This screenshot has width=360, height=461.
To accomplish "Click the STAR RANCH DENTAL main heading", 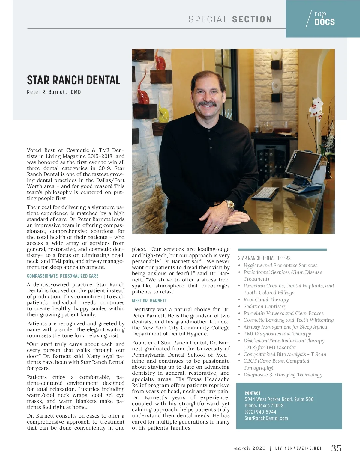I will [x=73, y=80].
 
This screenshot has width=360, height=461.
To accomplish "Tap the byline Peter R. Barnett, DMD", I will [x=54, y=92].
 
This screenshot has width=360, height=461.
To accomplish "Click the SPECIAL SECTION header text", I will [x=230, y=19].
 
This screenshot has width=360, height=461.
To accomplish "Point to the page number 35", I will [x=336, y=448].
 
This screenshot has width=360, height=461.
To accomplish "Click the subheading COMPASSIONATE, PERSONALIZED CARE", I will [x=63, y=276].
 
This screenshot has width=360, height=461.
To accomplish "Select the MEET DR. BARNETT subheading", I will [x=149, y=301].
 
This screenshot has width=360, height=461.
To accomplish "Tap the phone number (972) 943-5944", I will [x=260, y=412].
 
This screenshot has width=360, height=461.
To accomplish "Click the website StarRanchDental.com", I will [x=266, y=418].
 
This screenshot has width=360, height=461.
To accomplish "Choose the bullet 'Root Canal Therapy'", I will [x=266, y=299].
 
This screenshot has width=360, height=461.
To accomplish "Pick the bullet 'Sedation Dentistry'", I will [x=265, y=306].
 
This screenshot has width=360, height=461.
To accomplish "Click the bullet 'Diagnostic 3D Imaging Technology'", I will [x=283, y=375].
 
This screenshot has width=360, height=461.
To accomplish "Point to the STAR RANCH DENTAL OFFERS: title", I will [x=265, y=258].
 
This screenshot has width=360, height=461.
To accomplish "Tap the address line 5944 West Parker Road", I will [x=279, y=399].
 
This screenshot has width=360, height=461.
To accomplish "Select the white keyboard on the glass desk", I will [x=265, y=193].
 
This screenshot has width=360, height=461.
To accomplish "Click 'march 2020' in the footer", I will [x=250, y=448].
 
